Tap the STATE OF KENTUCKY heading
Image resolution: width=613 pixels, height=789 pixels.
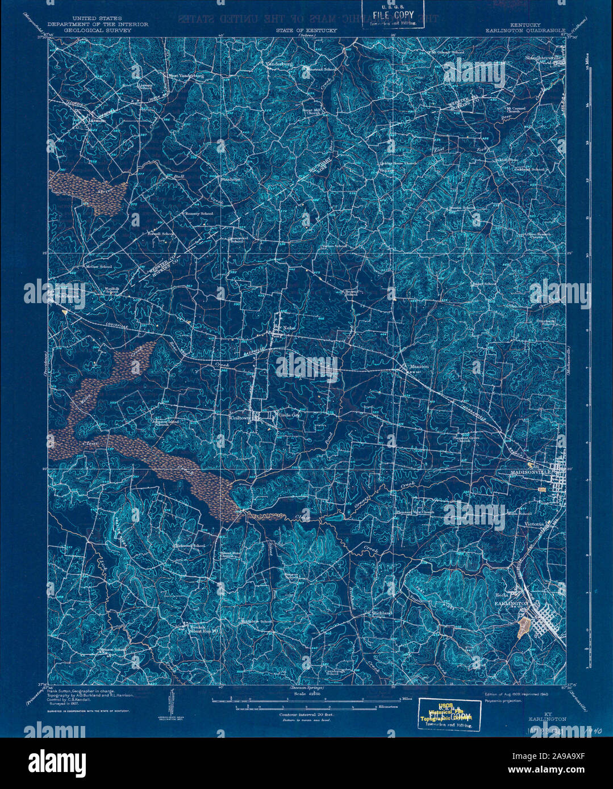click(307, 30)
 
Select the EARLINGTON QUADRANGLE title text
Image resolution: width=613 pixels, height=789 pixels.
click(526, 30)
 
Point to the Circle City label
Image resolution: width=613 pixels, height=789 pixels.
click(289, 415)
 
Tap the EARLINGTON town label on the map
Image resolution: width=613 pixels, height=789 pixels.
click(512, 603)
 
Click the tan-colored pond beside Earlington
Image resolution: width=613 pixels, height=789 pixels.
click(524, 627)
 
